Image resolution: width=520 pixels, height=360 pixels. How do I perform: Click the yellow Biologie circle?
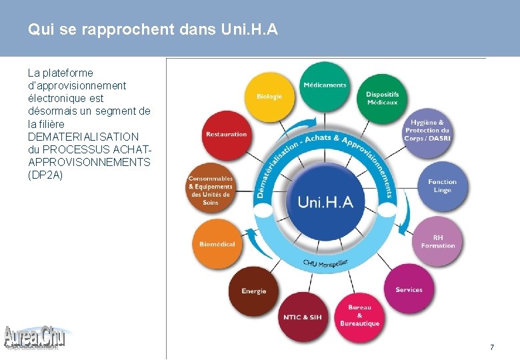pyautogui.click(x=270, y=97)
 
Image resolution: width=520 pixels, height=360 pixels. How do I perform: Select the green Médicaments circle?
pyautogui.click(x=325, y=86)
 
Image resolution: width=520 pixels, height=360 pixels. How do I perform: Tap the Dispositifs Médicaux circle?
pyautogui.click(x=382, y=98)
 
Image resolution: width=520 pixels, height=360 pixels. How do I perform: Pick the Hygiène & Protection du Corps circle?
pyautogui.click(x=429, y=131)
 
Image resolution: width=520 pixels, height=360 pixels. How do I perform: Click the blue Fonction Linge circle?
pyautogui.click(x=442, y=186)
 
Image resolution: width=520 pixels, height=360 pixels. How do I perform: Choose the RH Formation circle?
pyautogui.click(x=437, y=241)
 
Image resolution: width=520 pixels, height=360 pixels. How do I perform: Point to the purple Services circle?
pyautogui.click(x=409, y=289)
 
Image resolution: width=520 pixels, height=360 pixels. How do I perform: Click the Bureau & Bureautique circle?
pyautogui.click(x=359, y=315)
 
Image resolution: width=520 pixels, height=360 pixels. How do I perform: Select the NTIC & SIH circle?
pyautogui.click(x=302, y=317)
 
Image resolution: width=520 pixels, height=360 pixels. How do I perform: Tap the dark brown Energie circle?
pyautogui.click(x=254, y=291)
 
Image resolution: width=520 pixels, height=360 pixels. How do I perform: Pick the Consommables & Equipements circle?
pyautogui.click(x=211, y=189)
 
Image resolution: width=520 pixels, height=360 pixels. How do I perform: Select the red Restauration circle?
pyautogui.click(x=227, y=135)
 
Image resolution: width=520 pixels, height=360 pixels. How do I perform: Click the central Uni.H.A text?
pyautogui.click(x=325, y=202)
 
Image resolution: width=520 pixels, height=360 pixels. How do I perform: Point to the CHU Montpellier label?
pyautogui.click(x=325, y=263)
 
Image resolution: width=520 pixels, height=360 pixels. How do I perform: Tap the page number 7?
pyautogui.click(x=492, y=347)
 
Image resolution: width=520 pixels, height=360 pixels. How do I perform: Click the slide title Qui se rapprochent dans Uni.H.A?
pyautogui.click(x=153, y=30)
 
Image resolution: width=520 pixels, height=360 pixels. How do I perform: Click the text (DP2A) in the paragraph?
pyautogui.click(x=45, y=175)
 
